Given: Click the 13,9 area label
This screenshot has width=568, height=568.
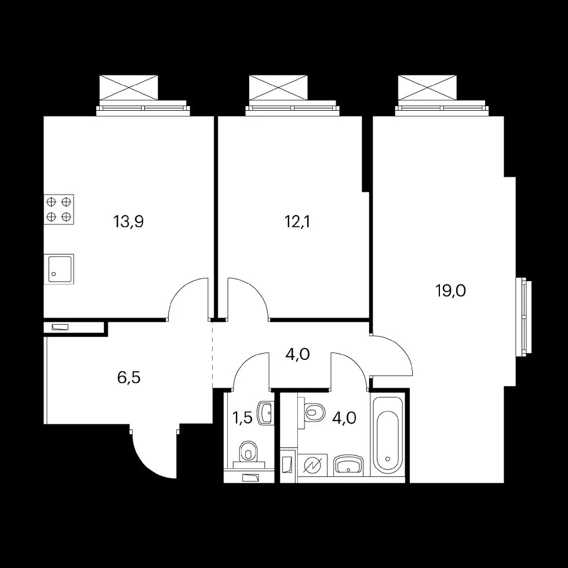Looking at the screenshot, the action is point(129,221).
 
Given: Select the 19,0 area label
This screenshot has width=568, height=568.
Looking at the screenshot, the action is point(450,290).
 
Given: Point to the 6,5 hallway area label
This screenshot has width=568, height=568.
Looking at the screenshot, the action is point(129,378).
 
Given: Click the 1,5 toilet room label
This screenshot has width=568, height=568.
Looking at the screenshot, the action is point(242,418).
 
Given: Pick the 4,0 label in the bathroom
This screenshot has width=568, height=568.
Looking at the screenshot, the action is point(344,418).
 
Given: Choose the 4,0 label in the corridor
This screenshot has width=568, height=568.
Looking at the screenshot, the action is point(297,354).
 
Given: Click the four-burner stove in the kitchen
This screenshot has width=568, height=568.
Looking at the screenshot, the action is point(59,209).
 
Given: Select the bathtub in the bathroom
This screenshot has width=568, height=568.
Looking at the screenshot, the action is point(387,436).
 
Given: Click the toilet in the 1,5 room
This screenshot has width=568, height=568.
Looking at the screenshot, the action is point(249,452).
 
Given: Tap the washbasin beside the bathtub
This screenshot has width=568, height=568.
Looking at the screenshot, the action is point(348,465).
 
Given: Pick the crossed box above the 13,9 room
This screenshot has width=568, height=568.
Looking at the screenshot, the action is point(129,88).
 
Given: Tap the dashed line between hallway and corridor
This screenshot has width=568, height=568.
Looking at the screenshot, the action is point(213,354).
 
